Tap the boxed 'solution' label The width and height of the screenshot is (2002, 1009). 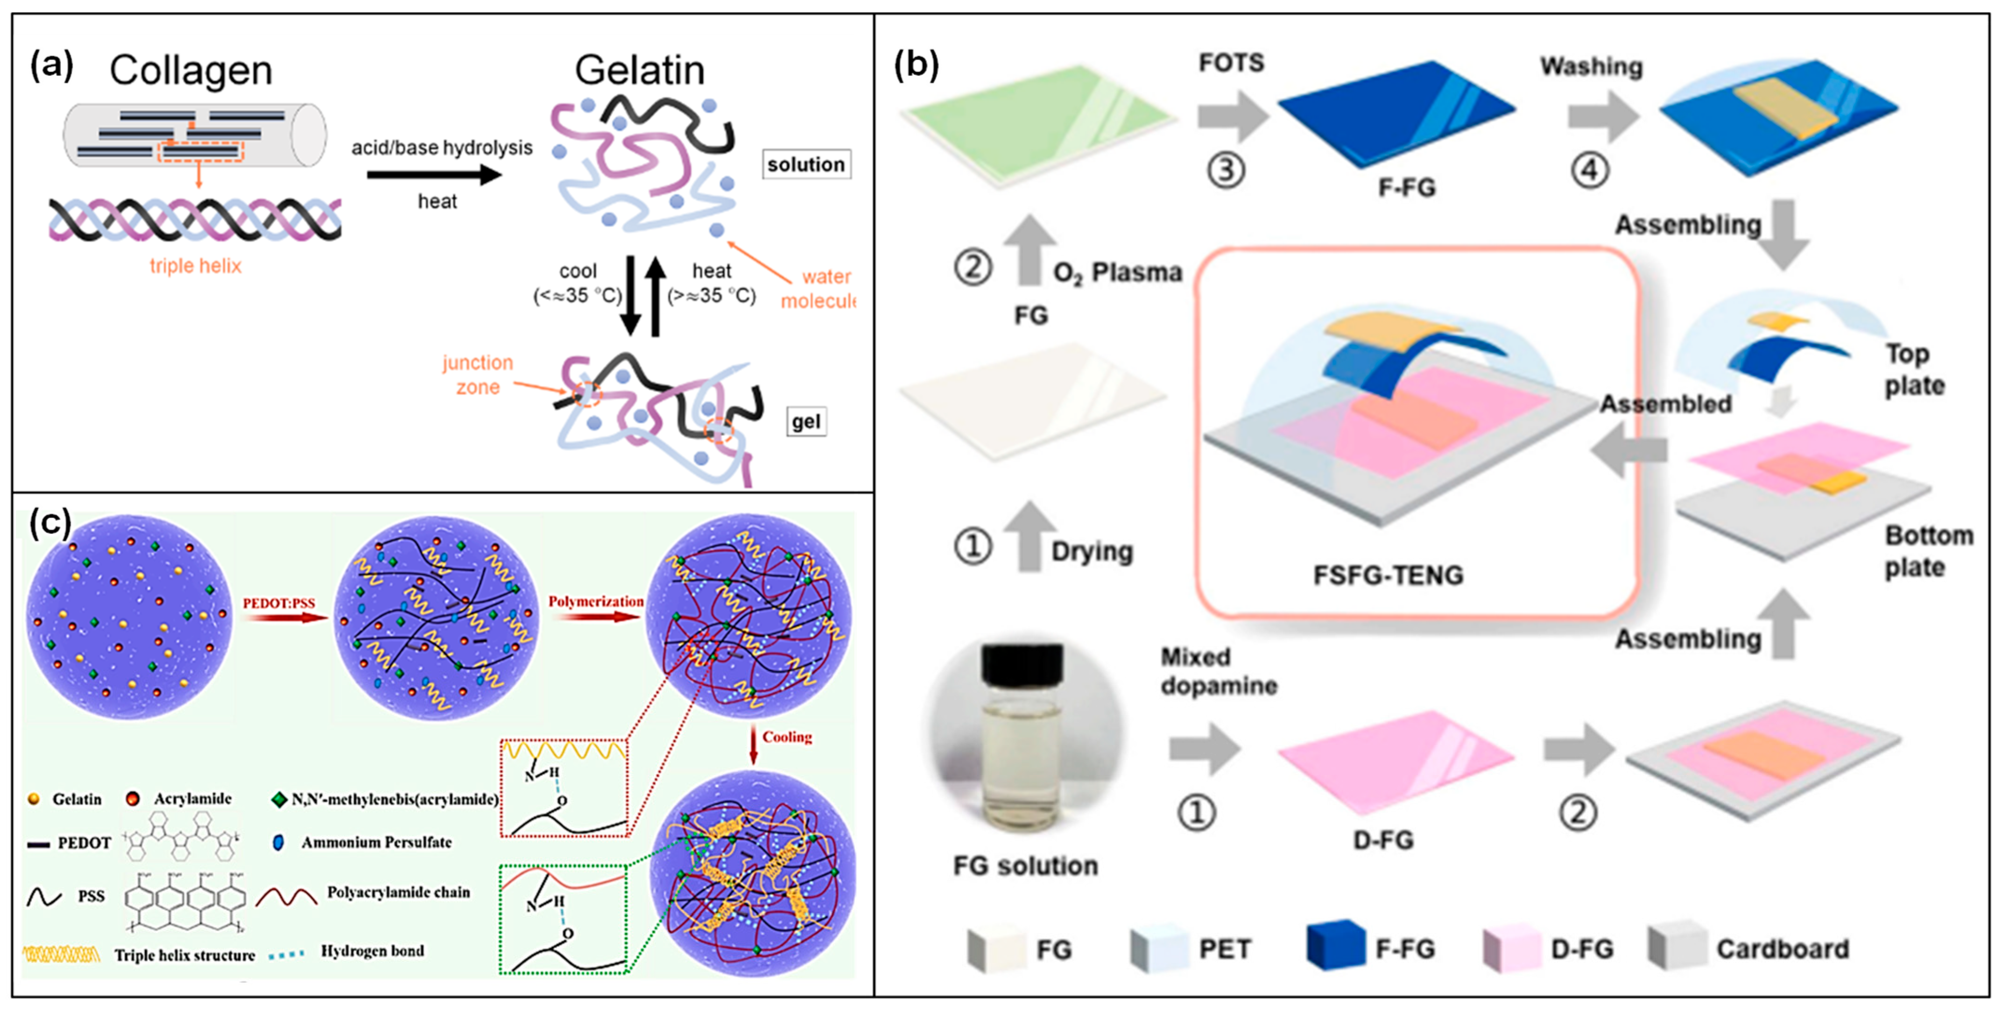click(805, 165)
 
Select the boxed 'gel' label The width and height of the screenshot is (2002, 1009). click(805, 422)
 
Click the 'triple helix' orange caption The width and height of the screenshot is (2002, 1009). click(195, 266)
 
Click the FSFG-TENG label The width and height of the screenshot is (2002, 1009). click(1388, 575)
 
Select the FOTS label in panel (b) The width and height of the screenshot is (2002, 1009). click(1231, 62)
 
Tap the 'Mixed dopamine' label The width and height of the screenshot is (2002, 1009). click(1218, 671)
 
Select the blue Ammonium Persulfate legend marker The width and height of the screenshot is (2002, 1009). click(278, 842)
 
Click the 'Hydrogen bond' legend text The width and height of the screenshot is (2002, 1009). click(372, 951)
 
